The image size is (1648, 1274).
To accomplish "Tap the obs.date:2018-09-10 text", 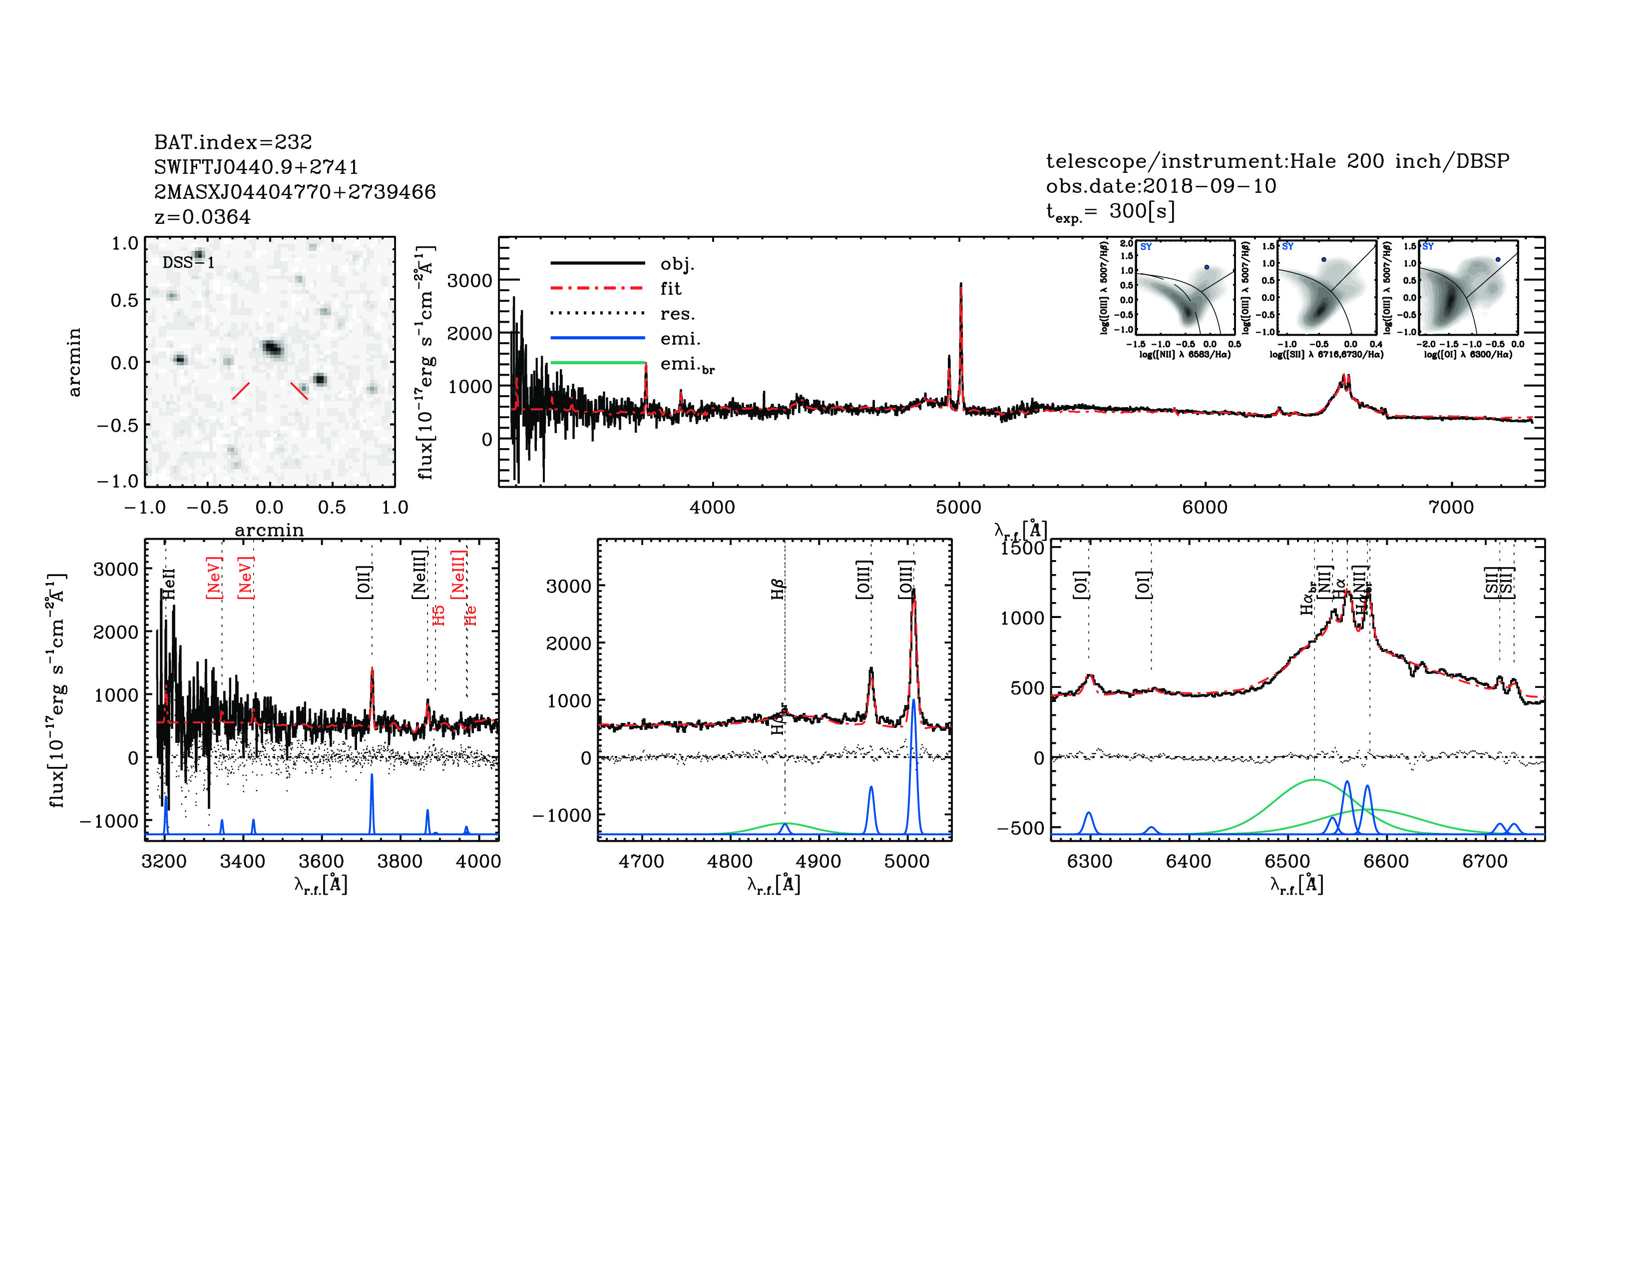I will (x=1161, y=186).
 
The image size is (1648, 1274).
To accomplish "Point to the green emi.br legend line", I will (x=598, y=363).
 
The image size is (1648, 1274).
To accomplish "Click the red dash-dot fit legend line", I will (x=598, y=288).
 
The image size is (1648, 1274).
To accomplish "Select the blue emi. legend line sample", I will (x=598, y=338).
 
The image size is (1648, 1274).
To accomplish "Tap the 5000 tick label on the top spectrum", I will (x=958, y=507).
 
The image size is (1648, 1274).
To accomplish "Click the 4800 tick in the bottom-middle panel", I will (x=730, y=861).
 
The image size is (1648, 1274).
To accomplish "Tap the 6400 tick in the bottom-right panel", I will (x=1189, y=861).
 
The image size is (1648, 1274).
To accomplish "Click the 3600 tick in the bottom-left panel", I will (x=322, y=861).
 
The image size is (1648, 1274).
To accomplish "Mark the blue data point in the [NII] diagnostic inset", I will (x=1207, y=267).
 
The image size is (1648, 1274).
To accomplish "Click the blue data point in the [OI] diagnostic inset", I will (x=1498, y=260).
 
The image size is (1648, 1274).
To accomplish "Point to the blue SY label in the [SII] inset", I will (x=1287, y=247).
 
